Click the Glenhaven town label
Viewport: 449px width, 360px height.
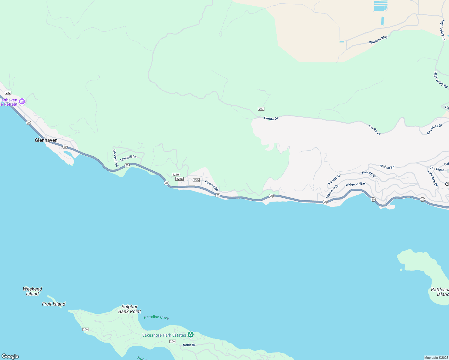coord(46,140)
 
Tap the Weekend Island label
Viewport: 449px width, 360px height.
coord(32,291)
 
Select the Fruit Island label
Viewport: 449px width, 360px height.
coord(54,304)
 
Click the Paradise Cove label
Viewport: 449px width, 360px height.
coord(156,317)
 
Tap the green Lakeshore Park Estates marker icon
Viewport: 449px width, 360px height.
coord(190,334)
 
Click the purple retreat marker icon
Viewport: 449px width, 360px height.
coord(22,102)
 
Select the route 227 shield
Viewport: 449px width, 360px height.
coord(261,109)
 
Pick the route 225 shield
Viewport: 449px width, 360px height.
coord(196,180)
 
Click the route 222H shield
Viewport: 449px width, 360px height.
coord(176,175)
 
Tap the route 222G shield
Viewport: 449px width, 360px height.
coord(179,179)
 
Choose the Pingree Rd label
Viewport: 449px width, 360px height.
coord(212,185)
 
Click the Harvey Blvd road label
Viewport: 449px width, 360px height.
coord(115,158)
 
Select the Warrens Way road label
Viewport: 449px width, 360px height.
coord(378,40)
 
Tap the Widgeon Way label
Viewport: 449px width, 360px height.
coord(355,184)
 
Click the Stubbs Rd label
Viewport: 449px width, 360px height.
coord(387,167)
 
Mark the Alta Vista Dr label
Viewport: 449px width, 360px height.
coord(434,129)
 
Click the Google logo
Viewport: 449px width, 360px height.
coord(10,356)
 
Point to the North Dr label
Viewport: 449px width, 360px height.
coord(189,345)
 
